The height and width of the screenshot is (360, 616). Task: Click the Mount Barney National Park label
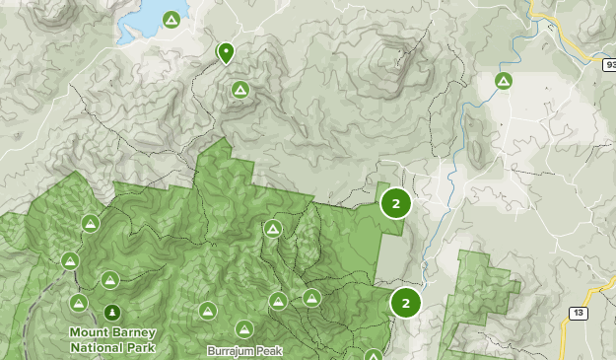click(x=112, y=338)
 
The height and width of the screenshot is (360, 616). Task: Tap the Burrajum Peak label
click(x=237, y=350)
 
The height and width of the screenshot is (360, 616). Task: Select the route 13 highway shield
click(x=578, y=313)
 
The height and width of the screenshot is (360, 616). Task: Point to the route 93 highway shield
click(x=609, y=64)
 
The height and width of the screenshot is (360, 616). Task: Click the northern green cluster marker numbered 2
click(x=395, y=204)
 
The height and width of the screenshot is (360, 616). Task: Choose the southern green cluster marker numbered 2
click(x=405, y=303)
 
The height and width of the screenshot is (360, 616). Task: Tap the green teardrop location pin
click(x=226, y=51)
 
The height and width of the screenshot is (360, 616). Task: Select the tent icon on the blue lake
click(x=171, y=20)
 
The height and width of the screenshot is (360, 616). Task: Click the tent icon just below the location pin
click(x=240, y=90)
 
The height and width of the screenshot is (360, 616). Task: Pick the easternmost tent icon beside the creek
click(x=504, y=81)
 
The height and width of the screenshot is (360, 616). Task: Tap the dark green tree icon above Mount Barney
click(x=111, y=313)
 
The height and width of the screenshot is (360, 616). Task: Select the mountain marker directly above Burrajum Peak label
click(x=243, y=328)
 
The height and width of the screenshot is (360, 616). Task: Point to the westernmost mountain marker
click(x=69, y=261)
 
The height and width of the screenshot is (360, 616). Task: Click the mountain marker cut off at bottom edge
click(x=374, y=355)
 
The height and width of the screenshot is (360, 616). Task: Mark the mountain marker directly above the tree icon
click(x=109, y=280)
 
